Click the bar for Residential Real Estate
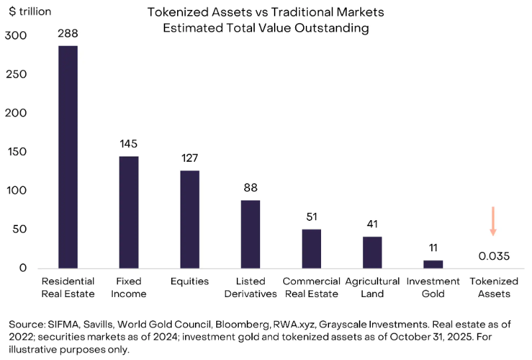(x=68, y=156)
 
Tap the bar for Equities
(x=190, y=219)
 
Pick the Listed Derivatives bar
(x=250, y=234)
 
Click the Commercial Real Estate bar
(x=311, y=249)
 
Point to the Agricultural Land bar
(x=372, y=252)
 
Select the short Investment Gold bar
(x=433, y=264)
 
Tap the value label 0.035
(x=493, y=256)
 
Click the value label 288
(x=68, y=33)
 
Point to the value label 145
(x=129, y=144)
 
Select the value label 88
(x=250, y=188)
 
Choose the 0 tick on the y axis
(x=23, y=268)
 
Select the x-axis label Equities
(x=190, y=281)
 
